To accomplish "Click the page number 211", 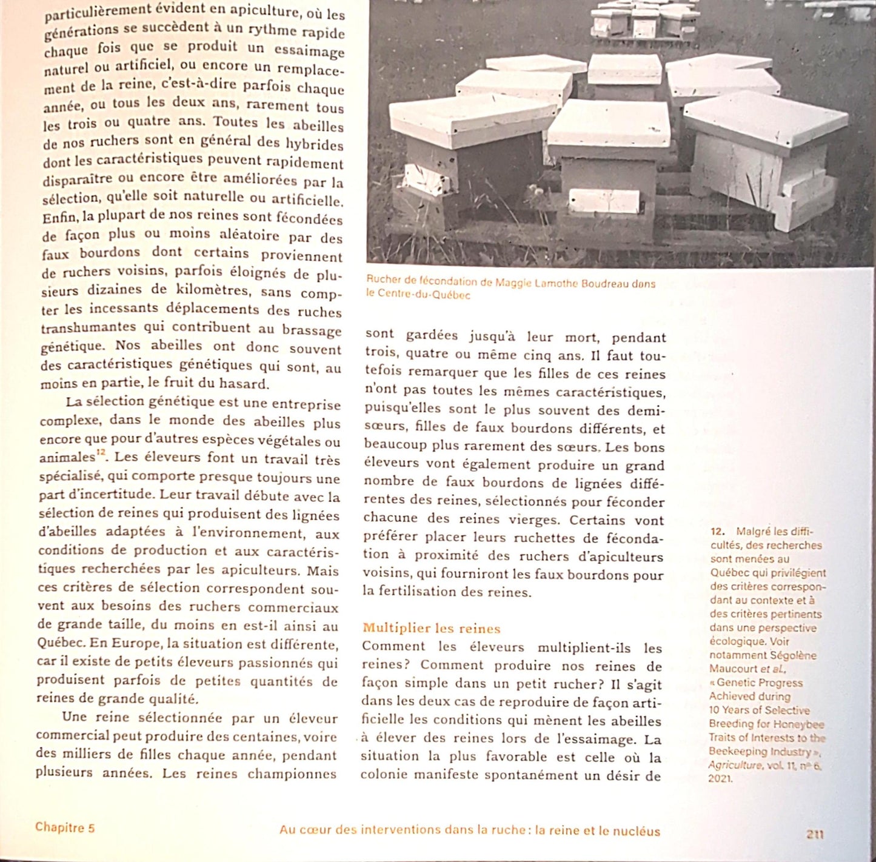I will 815,834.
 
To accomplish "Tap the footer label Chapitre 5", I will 65,827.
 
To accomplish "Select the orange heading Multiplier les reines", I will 432,629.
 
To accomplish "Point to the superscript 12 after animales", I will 101,452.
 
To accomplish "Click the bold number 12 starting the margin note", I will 717,531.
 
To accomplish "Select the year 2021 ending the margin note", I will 720,778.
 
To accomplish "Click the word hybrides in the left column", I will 314,144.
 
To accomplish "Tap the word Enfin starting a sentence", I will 60,216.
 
